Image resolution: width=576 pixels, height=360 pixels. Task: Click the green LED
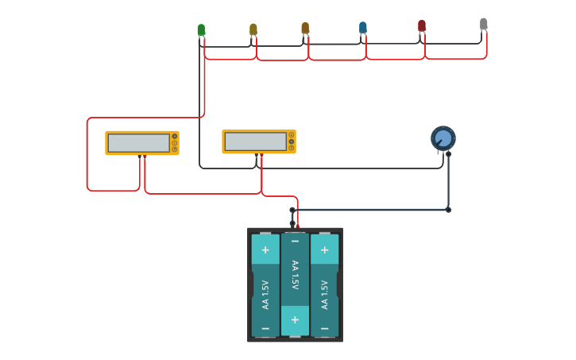[x=201, y=30]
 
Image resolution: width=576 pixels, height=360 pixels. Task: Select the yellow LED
[x=253, y=29]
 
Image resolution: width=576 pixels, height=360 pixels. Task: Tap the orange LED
[x=305, y=28]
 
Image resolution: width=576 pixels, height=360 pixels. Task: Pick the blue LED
[x=363, y=28]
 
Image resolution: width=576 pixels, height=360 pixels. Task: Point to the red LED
[x=422, y=26]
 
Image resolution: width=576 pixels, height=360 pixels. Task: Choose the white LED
[x=483, y=25]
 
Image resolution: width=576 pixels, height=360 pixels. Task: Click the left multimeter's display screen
[x=139, y=143]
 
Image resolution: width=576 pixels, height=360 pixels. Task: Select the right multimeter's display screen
[x=255, y=141]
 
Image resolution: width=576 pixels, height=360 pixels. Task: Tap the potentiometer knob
[x=443, y=138]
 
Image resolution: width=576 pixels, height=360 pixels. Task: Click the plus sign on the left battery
[x=265, y=250]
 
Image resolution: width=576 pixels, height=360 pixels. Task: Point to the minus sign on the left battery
[x=265, y=327]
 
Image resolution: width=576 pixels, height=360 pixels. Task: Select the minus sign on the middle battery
[x=295, y=241]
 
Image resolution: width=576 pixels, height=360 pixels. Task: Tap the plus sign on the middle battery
[x=295, y=319]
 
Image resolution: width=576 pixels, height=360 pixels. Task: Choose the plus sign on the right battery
[x=324, y=250]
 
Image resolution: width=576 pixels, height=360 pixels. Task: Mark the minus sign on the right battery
[x=324, y=327]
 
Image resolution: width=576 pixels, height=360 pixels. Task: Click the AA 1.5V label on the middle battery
[x=295, y=276]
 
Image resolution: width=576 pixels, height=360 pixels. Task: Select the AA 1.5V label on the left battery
[x=265, y=294]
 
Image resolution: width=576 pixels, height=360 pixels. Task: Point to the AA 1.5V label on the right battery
[x=324, y=294]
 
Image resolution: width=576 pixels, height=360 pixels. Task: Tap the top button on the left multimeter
[x=175, y=137]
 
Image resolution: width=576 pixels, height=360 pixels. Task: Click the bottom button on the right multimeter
[x=292, y=148]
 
